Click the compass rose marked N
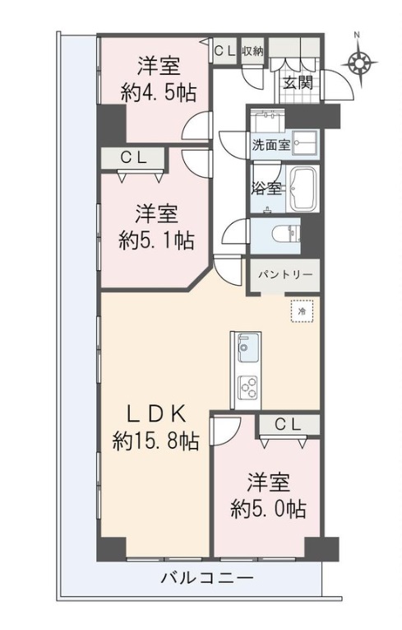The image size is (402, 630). [x=358, y=63]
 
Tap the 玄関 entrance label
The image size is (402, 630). [x=298, y=83]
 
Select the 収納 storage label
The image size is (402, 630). [x=252, y=51]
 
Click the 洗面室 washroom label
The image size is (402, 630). [x=271, y=145]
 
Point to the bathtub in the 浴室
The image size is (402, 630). [x=303, y=189]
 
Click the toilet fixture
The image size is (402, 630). [x=286, y=234]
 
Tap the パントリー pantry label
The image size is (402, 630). [x=284, y=275]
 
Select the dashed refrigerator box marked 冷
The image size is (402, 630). [x=302, y=310]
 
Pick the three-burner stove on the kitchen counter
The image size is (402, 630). [x=247, y=387]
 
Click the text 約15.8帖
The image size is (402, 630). [x=155, y=441]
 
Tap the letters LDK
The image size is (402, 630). [x=156, y=415]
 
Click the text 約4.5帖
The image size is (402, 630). [x=159, y=93]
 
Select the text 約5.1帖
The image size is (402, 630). [x=156, y=240]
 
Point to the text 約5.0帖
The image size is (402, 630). [x=268, y=509]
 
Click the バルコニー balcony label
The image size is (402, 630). [x=207, y=579]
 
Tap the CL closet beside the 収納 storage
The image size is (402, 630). [x=224, y=50]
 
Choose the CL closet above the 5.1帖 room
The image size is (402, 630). [x=134, y=158]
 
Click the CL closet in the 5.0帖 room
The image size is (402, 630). [x=288, y=425]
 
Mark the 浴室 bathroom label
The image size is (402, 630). [x=266, y=188]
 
